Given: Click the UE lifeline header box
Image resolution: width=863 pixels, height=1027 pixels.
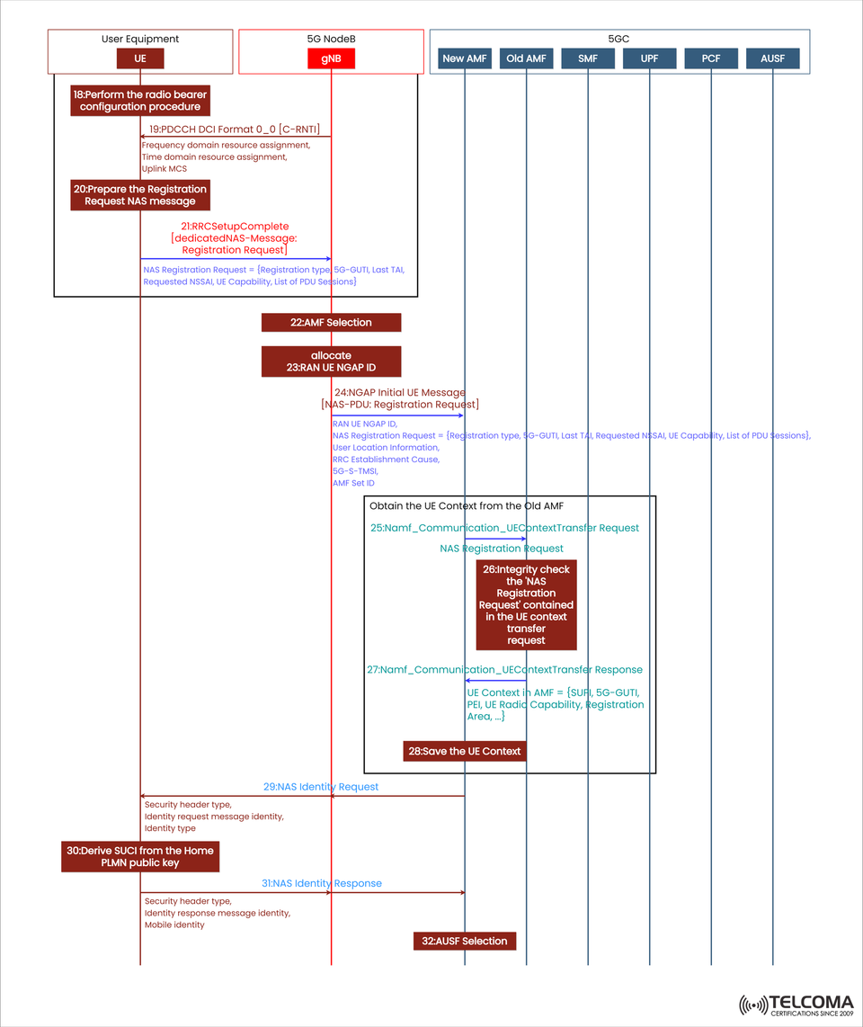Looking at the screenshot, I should pos(140,58).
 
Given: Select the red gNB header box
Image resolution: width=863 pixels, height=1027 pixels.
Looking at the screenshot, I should pos(331,58).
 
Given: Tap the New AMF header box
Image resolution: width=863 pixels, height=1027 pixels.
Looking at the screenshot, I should pos(465,58).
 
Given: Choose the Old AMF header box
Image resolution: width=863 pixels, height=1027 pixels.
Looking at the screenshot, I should pos(527,58).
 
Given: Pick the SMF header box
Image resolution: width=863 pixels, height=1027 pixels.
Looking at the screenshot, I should pos(588,58).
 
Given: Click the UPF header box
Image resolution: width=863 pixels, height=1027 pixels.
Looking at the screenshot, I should pos(649,58).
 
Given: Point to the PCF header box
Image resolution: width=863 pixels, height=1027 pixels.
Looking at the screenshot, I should pos(711,58).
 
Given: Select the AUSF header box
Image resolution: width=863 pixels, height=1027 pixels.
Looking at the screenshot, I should pos(772,58).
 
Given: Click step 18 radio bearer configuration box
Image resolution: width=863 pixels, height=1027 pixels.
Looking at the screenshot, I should pos(139,101).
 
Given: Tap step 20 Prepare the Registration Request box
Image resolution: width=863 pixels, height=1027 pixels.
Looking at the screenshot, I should pos(139,195).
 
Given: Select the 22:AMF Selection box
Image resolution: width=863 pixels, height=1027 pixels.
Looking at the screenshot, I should pos(331,322).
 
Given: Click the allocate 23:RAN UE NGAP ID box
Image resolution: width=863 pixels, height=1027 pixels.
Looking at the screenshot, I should pos(331,362).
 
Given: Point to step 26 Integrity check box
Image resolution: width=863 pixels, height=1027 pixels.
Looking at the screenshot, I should pos(526,604).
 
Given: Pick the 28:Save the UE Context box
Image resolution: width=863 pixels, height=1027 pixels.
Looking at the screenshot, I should pos(464,751).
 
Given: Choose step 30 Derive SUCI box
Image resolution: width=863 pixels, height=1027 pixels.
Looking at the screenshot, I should pos(139,856).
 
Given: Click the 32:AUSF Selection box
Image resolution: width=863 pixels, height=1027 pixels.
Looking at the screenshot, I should pos(465,941).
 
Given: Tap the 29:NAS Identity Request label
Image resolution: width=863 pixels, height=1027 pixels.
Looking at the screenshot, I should pos(321,787).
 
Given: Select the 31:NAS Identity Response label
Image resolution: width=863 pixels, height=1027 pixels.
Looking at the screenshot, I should pos(322,883).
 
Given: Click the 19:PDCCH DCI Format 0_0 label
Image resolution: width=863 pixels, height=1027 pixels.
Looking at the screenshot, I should pos(234,128).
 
